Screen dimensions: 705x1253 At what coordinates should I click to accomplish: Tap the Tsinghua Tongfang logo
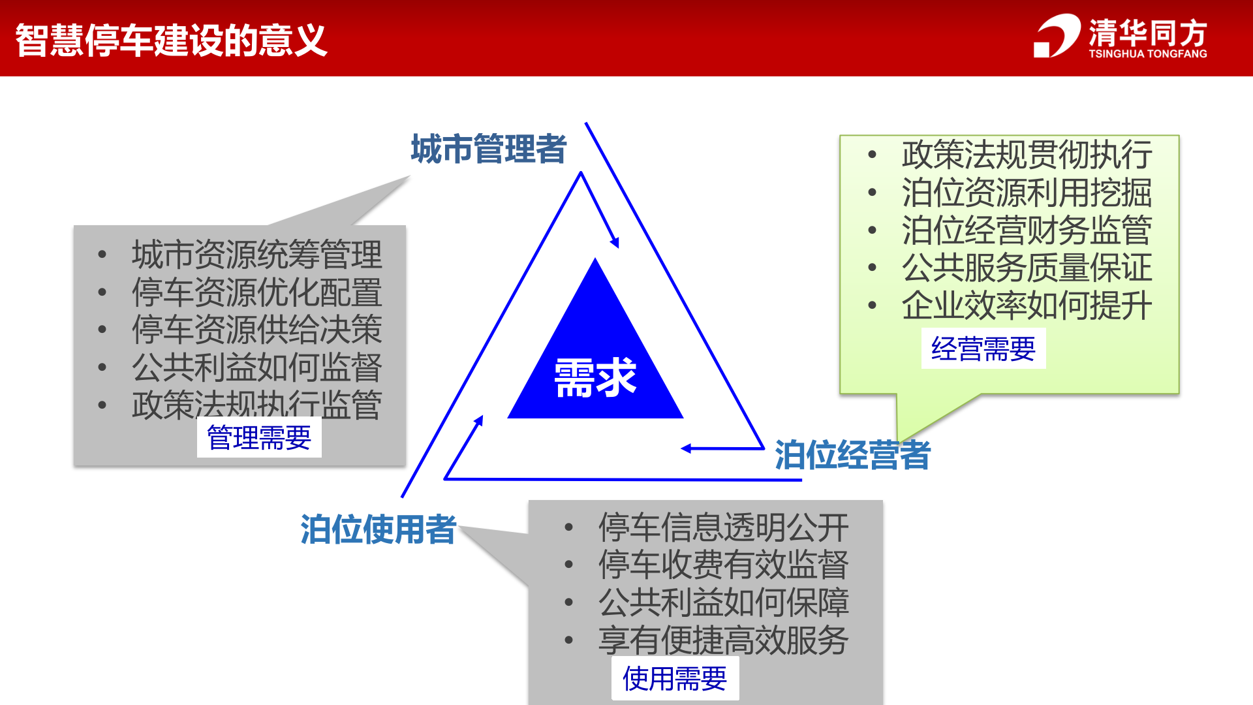pos(1120,37)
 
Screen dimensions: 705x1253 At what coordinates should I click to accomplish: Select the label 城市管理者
pos(488,149)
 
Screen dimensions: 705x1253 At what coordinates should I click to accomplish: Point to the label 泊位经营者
pos(852,455)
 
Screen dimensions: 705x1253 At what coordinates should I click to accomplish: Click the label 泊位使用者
pos(378,529)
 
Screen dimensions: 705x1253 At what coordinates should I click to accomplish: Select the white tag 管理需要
pos(259,437)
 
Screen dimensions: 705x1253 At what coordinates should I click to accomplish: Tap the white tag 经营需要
pos(983,349)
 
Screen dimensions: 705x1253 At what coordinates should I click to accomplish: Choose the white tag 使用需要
pos(675,679)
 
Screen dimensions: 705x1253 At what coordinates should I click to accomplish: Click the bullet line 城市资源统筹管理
pos(256,254)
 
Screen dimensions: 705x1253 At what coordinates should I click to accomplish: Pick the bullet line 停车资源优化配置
pos(256,292)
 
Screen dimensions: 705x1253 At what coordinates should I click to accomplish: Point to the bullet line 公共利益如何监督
pos(256,368)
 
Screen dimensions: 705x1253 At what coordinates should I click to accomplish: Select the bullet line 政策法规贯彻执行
pos(1027,155)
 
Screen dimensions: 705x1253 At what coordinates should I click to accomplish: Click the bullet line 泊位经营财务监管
pos(1027,230)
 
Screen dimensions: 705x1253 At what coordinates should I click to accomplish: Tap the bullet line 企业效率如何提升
pos(1027,305)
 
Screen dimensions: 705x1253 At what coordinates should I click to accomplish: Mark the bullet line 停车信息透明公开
pos(723,527)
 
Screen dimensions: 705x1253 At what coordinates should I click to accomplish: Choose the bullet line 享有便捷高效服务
pos(723,640)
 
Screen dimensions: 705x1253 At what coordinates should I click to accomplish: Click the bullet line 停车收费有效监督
pos(723,565)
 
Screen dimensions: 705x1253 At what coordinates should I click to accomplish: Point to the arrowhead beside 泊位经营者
pos(686,448)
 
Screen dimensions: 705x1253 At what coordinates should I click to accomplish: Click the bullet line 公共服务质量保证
pos(1027,268)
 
